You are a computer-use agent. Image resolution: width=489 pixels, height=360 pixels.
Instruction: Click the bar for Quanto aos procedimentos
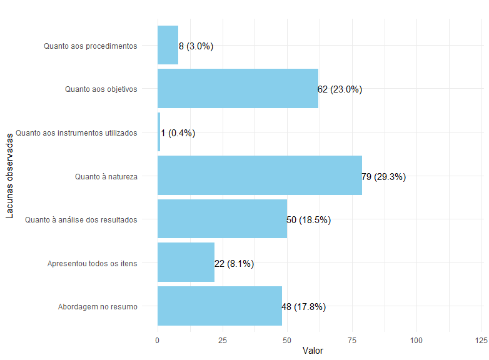[x=168, y=45]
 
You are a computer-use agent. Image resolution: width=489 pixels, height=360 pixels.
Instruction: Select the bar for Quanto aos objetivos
[x=238, y=89]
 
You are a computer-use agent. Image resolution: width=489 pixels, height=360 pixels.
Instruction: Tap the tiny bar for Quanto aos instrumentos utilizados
[x=159, y=132]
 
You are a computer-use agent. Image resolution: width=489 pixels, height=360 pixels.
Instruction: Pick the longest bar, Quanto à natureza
[x=260, y=176]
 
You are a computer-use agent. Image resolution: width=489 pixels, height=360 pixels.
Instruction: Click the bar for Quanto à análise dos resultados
[x=222, y=219]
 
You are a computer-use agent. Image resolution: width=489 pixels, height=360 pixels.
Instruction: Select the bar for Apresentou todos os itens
[x=186, y=263]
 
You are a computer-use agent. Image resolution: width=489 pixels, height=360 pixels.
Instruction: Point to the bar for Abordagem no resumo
[x=219, y=306]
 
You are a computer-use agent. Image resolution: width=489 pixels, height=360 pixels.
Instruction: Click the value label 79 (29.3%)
[x=384, y=177]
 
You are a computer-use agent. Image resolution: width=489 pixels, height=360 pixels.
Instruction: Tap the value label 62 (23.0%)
[x=340, y=89]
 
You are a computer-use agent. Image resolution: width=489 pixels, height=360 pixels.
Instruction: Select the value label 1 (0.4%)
[x=178, y=133]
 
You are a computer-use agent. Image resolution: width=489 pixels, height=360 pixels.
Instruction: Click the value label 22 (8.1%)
[x=234, y=264]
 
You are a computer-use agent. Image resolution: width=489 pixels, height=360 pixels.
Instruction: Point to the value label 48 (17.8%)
[x=304, y=307]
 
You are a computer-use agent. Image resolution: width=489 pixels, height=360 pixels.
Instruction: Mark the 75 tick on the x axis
[x=352, y=340]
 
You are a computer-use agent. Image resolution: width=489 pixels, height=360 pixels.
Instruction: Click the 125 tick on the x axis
[x=481, y=340]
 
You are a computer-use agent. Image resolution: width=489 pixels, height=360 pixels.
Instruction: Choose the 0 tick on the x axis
[x=158, y=340]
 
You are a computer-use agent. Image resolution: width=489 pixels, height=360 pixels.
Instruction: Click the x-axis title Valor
[x=313, y=351]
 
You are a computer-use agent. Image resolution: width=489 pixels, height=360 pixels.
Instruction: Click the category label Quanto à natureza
[x=106, y=177]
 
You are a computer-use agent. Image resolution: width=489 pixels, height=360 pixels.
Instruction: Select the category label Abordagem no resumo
[x=98, y=307]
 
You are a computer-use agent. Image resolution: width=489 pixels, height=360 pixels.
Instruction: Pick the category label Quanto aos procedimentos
[x=90, y=46]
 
